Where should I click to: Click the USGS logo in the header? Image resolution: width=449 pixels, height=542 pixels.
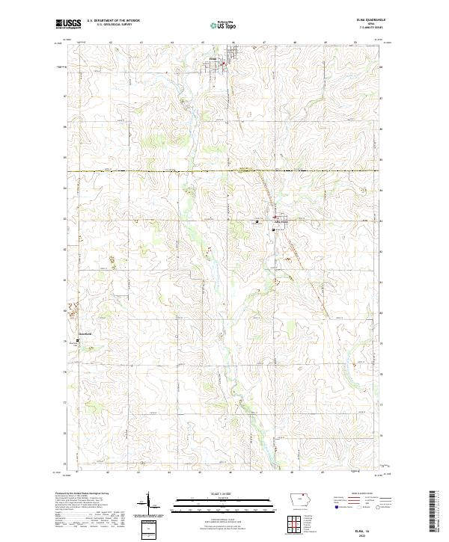click(x=68, y=25)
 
